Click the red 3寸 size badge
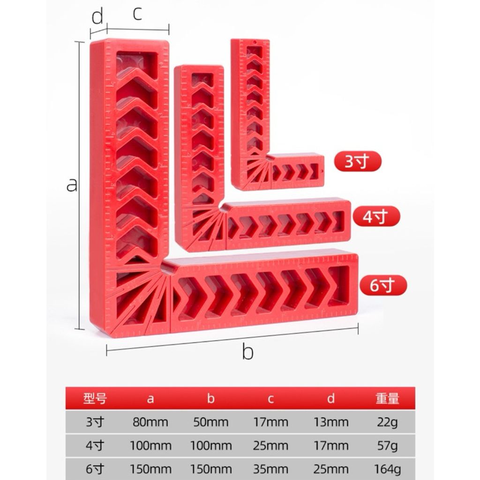click(358, 161)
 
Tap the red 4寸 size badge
click(376, 216)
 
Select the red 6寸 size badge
click(383, 285)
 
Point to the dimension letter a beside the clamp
click(72, 185)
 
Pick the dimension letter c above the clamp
click(137, 14)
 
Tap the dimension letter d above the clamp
click(97, 16)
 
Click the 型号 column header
click(95, 398)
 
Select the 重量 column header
click(387, 398)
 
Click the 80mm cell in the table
click(150, 422)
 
